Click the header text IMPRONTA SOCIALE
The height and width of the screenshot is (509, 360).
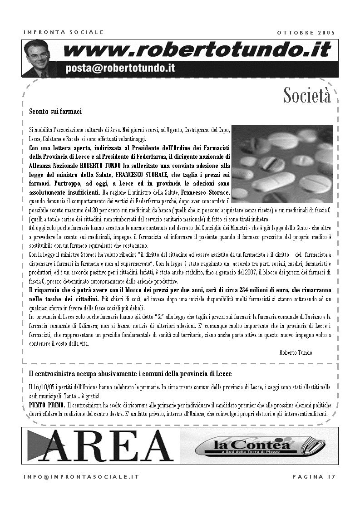click(x=64, y=32)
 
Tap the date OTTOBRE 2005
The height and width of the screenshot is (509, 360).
click(x=306, y=32)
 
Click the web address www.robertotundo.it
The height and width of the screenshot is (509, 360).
click(x=197, y=50)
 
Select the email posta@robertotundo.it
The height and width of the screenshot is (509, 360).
click(x=120, y=69)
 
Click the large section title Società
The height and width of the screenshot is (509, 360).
click(x=307, y=95)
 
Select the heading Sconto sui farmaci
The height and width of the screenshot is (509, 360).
click(x=55, y=111)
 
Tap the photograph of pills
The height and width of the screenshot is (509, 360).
click(x=282, y=163)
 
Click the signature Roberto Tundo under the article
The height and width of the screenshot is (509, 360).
click(x=296, y=352)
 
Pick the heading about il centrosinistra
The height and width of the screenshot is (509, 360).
click(x=130, y=373)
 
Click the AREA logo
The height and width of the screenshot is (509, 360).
click(x=100, y=445)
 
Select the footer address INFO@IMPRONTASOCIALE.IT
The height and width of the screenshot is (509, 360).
click(x=81, y=477)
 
